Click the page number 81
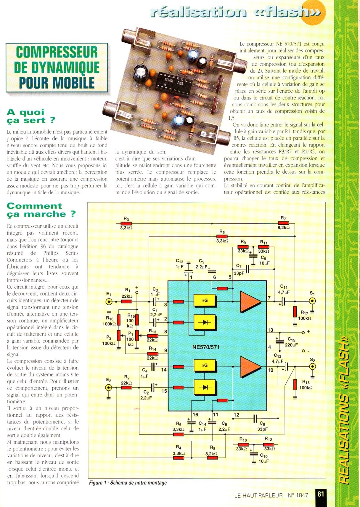[x=321, y=494]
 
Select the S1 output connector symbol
[x=312, y=301]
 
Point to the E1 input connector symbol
[x=109, y=301]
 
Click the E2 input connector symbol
[x=109, y=387]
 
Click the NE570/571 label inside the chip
[x=206, y=347]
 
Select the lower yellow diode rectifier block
[x=205, y=387]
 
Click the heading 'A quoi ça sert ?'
[x=31, y=116]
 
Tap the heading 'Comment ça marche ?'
[x=41, y=210]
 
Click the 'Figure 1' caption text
[x=128, y=483]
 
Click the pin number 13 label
[x=270, y=330]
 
